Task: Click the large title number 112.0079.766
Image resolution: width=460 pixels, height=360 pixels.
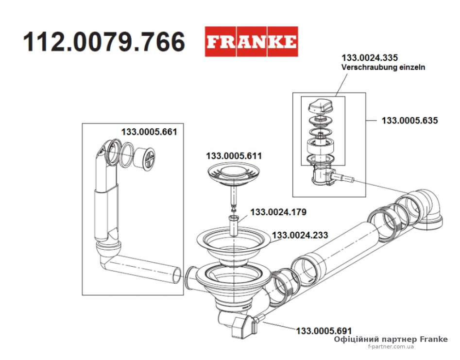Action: (104, 42)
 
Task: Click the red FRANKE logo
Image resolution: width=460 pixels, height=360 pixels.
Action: (252, 41)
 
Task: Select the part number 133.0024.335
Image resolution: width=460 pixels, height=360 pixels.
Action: (370, 57)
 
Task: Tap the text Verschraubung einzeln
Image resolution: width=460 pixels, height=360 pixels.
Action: (383, 67)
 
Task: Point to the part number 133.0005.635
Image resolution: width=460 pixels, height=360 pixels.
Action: (409, 120)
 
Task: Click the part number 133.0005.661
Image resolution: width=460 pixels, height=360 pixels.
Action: (149, 132)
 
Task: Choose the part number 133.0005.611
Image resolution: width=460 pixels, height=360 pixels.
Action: (234, 156)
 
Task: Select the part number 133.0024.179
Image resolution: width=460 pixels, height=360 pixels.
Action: (278, 212)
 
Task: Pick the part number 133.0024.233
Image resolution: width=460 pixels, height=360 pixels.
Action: (300, 235)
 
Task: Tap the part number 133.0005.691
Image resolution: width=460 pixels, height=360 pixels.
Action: (324, 331)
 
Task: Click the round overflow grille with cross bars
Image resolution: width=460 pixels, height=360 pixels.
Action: (145, 157)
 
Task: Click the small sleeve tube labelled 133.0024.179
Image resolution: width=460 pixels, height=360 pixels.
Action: (234, 225)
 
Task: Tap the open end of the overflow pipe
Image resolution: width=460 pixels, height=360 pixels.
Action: (177, 274)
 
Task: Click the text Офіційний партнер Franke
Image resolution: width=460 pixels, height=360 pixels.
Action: (391, 340)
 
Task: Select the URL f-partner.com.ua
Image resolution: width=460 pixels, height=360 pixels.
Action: (391, 347)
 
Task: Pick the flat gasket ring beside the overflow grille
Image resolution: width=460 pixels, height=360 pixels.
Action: (126, 154)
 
